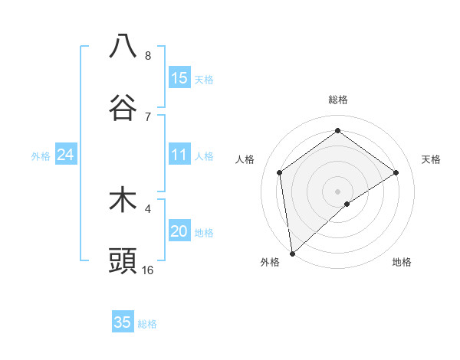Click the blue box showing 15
pos(179,78)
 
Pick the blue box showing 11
pos(179,155)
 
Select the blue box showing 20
pos(179,232)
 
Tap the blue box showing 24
pos(66,155)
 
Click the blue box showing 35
pos(123,322)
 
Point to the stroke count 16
pos(148,270)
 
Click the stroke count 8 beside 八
pos(148,55)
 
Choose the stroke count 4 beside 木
pos(148,208)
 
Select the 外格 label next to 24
pos(41,156)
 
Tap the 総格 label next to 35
pos(147,323)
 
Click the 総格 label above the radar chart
pos(337,100)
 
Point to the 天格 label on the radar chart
pos(431,159)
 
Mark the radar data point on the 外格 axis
pos(292,253)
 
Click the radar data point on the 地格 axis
pos(347,204)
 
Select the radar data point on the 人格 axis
pos(280,172)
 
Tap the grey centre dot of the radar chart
pos(337,190)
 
